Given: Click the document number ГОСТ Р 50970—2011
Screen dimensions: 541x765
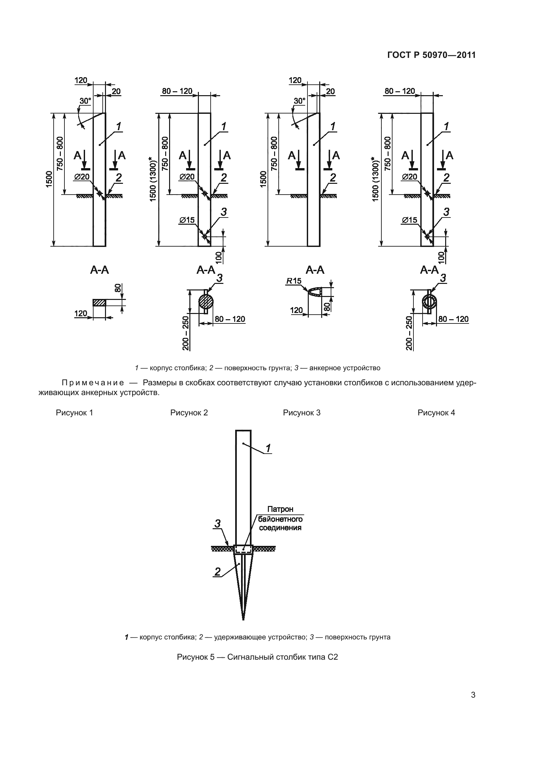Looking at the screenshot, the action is (431, 55).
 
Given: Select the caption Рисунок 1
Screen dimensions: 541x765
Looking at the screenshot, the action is (74, 413).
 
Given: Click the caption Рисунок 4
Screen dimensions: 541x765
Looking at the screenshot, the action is (436, 413).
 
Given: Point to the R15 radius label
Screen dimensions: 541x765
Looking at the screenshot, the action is (293, 281).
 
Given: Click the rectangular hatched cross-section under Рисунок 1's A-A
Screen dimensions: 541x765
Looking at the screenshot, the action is (99, 303).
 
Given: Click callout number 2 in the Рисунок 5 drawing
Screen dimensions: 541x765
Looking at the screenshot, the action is (218, 572).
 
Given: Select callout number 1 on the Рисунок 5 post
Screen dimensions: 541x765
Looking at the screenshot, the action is (268, 448).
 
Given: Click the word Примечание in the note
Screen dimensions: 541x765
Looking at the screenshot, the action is (93, 383).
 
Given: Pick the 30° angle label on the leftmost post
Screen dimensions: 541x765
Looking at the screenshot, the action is (85, 101).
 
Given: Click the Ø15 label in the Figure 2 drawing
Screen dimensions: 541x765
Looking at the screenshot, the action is (187, 220).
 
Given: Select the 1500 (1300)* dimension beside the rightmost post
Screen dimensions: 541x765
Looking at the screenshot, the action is (375, 179).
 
